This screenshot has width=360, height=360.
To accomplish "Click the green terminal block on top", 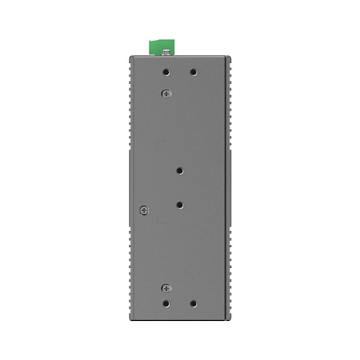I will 162,48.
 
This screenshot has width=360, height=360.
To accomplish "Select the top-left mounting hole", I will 167,73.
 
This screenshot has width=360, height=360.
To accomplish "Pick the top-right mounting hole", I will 193,73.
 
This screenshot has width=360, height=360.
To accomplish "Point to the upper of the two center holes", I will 180,171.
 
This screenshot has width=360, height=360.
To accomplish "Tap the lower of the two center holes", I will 180,204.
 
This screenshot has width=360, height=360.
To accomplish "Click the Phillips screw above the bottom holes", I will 166,287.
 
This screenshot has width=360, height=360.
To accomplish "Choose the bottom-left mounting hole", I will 167,304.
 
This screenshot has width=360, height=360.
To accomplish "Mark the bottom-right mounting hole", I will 193,304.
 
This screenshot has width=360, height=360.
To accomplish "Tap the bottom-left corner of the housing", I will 129,320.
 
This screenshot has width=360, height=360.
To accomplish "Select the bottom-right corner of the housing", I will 230,320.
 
